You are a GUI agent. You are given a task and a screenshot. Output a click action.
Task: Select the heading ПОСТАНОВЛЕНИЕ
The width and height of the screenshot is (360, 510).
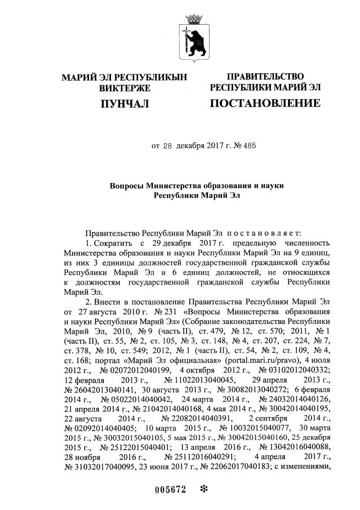pos(265,103)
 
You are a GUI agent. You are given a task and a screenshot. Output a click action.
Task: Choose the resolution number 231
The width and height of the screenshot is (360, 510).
pos(160,312)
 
